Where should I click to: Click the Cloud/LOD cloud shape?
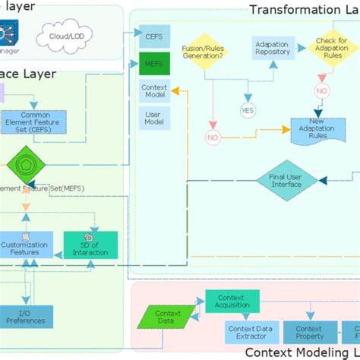coord(66,36)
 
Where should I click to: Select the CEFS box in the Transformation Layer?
coord(155,36)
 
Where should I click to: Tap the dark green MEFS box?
coord(155,64)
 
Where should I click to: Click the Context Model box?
coord(154,92)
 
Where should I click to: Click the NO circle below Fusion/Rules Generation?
coord(213,137)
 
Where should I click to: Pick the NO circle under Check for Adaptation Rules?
coord(321,90)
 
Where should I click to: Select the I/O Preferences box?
coord(26,316)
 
